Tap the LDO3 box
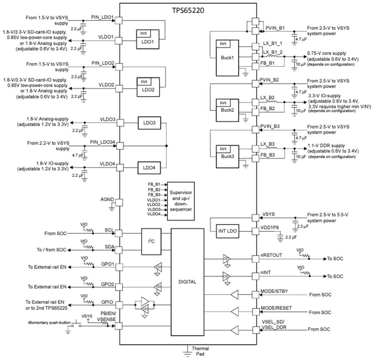(149, 123)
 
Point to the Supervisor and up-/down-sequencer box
(180, 201)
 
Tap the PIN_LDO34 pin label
(102, 142)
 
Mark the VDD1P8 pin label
(270, 228)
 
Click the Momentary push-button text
(47, 322)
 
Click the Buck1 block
(227, 58)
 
